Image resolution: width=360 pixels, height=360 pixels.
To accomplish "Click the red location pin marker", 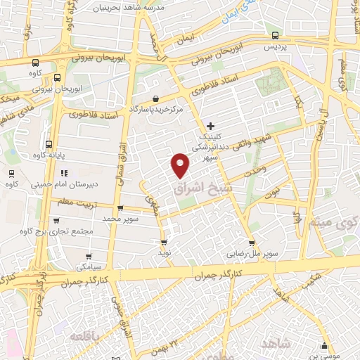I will [181, 165].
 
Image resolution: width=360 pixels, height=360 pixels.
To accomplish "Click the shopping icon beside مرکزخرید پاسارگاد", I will [155, 98].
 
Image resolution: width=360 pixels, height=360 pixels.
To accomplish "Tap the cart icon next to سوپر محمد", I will [120, 208].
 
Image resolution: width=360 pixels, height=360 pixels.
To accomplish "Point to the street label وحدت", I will [254, 171].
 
